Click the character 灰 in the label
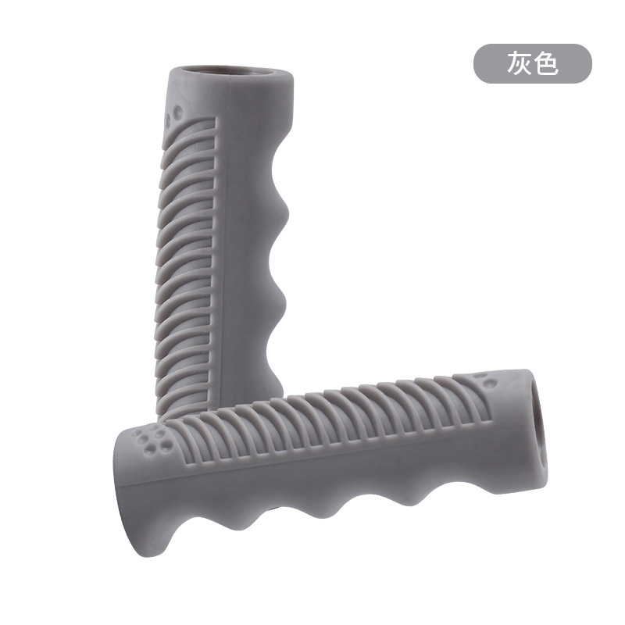coord(519,63)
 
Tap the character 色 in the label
coord(546,63)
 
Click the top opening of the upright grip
coord(233,72)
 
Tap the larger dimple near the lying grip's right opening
coord(488,384)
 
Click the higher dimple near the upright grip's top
coord(178,109)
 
